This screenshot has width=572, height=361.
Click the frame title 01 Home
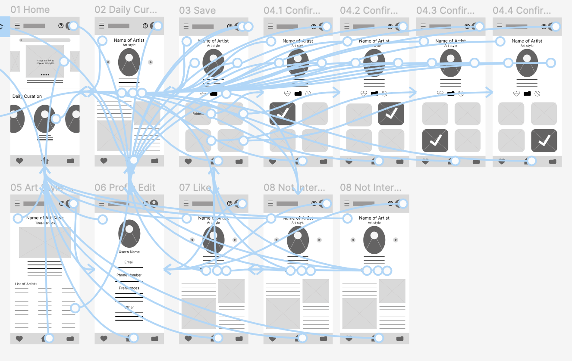30,9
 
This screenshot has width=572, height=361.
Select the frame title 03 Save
197,10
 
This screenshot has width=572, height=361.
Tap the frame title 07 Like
195,187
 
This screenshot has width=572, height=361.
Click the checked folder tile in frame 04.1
283,114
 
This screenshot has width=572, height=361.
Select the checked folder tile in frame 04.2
391,114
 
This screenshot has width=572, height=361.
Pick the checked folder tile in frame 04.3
435,140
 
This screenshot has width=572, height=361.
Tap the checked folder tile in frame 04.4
544,140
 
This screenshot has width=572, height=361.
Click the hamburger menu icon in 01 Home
17,26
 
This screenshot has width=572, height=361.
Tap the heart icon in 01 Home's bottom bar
19,161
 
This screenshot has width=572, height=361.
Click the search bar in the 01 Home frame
45,40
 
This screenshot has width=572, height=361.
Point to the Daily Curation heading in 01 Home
27,96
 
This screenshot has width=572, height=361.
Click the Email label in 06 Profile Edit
129,262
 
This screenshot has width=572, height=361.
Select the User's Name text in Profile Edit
129,252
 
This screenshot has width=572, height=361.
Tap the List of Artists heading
26,284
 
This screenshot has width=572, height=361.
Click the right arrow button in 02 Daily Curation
151,62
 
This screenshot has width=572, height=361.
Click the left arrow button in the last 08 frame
352,240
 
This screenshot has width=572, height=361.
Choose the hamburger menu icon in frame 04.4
500,26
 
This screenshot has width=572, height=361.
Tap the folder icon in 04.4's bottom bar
553,162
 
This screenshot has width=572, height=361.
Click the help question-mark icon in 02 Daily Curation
145,26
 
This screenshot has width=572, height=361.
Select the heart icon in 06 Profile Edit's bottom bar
104,339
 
